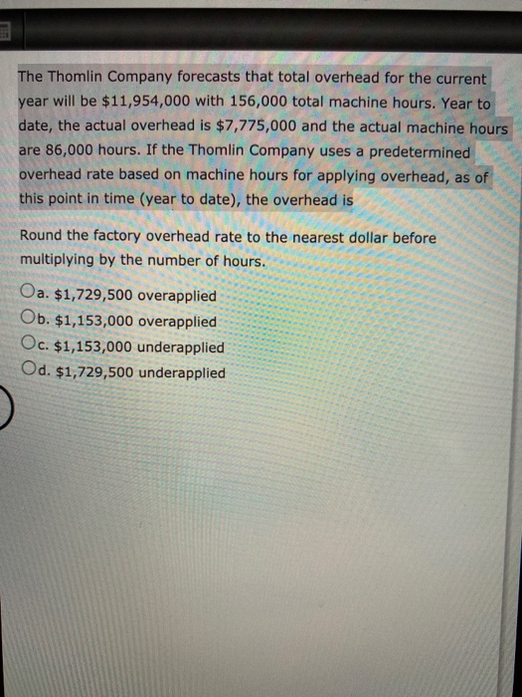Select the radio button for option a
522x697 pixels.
27,296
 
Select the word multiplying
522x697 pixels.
60,261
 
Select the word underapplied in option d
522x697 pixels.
183,373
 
